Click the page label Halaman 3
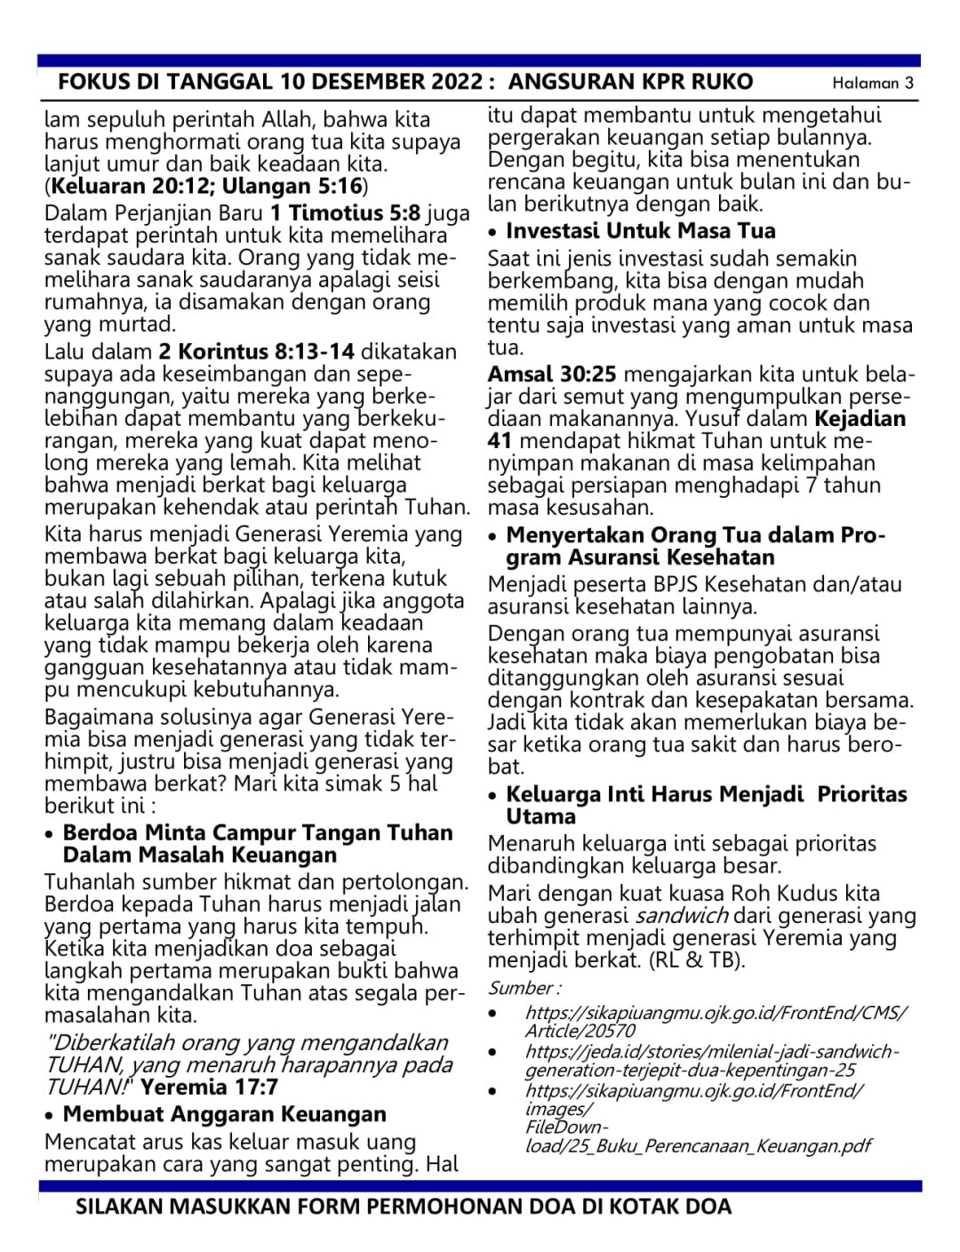pos(872,84)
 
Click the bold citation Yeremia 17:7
pos(210,1087)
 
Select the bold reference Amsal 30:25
pos(552,374)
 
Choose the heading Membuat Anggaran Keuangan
pos(224,1114)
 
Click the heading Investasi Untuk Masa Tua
pos(640,231)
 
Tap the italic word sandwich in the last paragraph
pos(682,916)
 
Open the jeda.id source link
pos(711,1060)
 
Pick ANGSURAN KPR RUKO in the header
pos(631,83)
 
